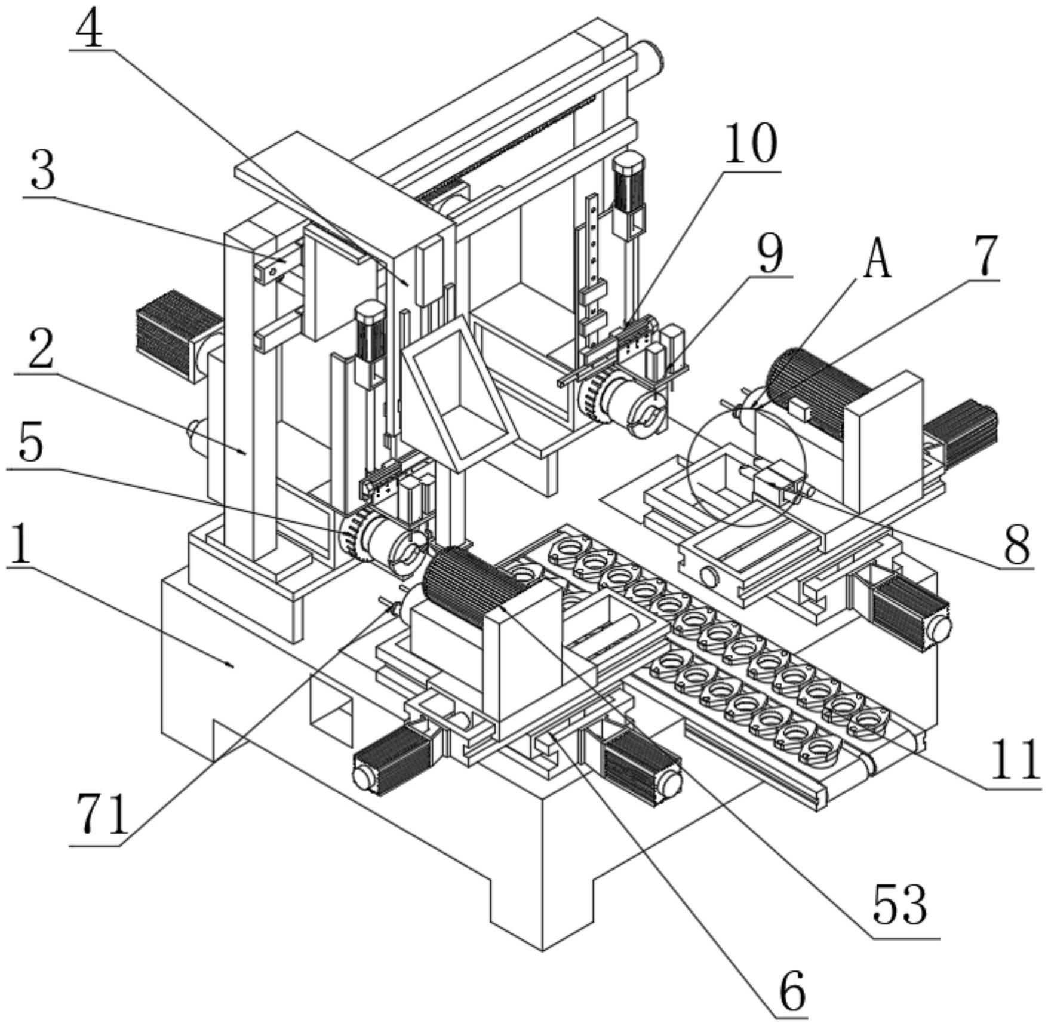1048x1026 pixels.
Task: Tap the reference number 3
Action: pos(41,171)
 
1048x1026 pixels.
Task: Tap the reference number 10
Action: pos(751,145)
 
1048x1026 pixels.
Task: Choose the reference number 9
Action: pos(770,253)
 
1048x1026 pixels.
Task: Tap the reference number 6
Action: pos(792,990)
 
